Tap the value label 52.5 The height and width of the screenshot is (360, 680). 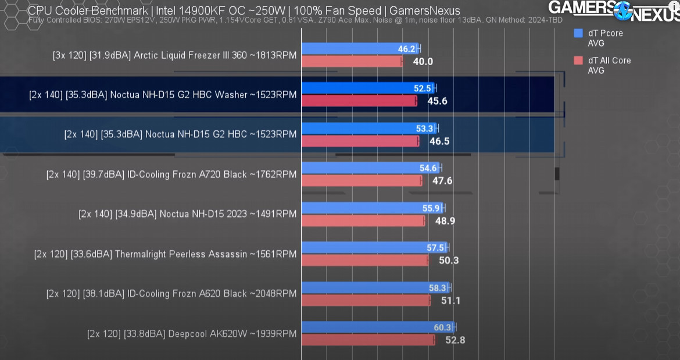point(422,88)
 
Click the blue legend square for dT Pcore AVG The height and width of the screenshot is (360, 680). point(578,33)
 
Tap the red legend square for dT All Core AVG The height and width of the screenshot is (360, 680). point(578,60)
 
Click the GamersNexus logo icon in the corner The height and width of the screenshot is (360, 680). point(622,10)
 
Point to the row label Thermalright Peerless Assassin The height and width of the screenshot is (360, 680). point(166,254)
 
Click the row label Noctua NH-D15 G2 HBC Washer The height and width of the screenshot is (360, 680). point(163,95)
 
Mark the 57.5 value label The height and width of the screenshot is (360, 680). point(435,248)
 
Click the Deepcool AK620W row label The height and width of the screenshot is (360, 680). point(192,334)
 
